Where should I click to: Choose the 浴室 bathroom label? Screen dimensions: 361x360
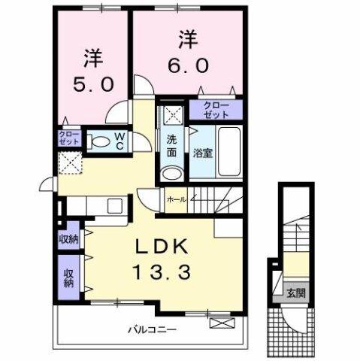click(202, 153)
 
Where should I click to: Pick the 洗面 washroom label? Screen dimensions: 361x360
click(171, 145)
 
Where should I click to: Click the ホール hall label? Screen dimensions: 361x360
click(176, 200)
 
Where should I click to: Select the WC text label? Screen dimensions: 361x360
click(119, 141)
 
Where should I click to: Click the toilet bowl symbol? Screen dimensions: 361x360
click(98, 141)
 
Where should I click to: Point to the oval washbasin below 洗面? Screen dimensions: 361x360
click(172, 172)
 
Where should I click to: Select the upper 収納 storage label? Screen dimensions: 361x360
click(69, 239)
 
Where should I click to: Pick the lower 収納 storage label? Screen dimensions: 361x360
click(68, 278)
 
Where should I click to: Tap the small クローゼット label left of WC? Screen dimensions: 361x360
click(68, 139)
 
